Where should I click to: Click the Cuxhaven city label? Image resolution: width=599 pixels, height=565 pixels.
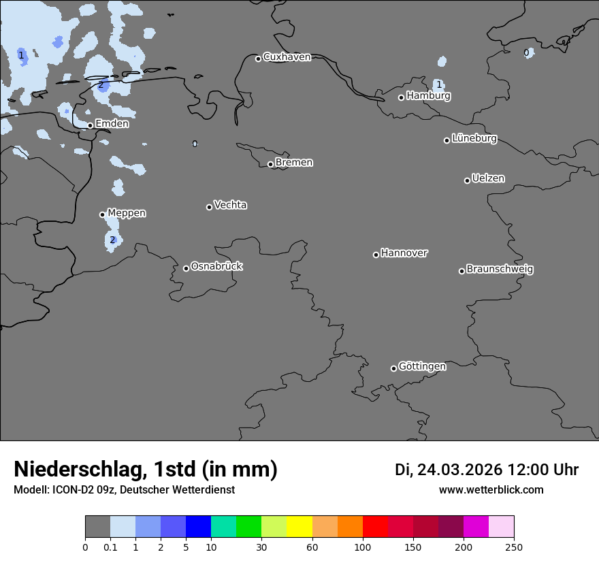click(287, 57)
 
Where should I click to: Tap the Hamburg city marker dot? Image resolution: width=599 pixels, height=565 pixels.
click(402, 97)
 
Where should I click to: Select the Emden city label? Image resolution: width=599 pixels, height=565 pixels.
click(112, 124)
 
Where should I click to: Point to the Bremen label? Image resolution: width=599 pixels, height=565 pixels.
click(294, 163)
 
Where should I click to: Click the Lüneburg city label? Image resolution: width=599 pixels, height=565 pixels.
click(474, 139)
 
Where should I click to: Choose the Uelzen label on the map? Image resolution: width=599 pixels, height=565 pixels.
click(488, 179)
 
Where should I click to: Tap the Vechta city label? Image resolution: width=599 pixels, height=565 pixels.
click(230, 206)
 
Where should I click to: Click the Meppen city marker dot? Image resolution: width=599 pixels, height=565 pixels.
click(102, 214)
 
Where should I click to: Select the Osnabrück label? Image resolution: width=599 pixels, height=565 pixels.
click(216, 267)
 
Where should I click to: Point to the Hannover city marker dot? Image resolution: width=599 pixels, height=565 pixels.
click(376, 255)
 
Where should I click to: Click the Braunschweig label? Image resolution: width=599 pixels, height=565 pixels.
click(500, 270)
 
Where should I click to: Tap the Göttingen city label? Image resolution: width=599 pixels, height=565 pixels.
click(422, 367)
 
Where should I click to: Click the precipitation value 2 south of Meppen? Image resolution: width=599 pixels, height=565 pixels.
click(112, 240)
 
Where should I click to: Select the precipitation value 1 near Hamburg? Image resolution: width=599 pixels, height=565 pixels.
click(439, 84)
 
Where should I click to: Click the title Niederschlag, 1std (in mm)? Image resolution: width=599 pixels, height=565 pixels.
click(146, 470)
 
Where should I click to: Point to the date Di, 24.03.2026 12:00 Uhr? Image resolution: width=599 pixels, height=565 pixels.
click(486, 470)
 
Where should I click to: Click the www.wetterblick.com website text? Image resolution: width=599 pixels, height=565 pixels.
click(491, 490)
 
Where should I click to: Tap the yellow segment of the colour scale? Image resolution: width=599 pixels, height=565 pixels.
click(299, 527)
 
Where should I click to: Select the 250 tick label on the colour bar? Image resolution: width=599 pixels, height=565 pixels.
click(513, 547)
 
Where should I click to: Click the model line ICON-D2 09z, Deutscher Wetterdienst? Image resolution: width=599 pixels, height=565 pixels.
click(124, 490)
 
